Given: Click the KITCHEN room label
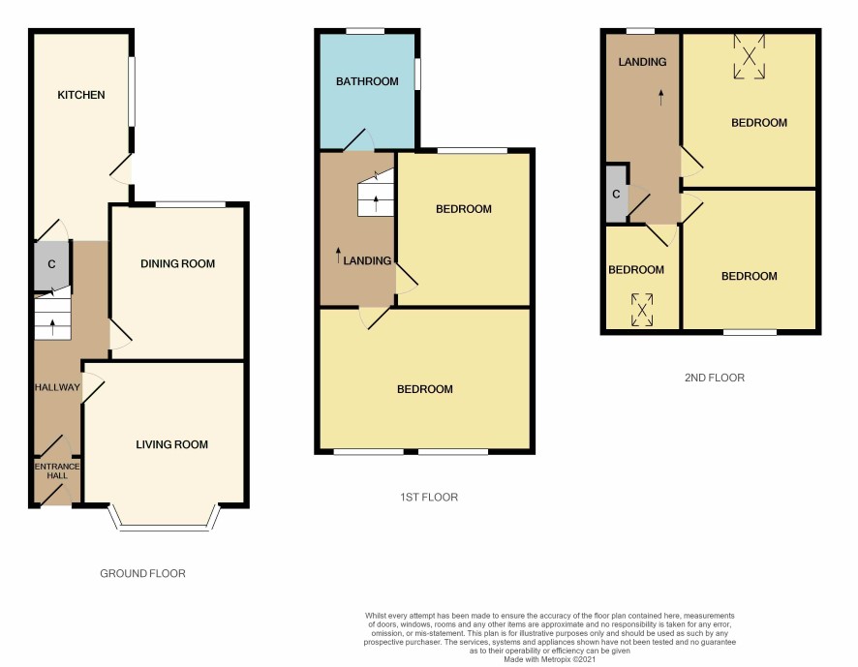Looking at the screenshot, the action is click(81, 95).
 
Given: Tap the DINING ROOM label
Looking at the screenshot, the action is click(177, 263).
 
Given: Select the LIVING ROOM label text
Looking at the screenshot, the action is click(171, 444).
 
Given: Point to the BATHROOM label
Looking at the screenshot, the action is click(367, 81).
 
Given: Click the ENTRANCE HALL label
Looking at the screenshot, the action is click(57, 471).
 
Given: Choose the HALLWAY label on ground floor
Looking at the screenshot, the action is click(57, 387).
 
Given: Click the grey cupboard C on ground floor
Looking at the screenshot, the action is click(51, 265).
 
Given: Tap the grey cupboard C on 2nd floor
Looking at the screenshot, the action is click(616, 194).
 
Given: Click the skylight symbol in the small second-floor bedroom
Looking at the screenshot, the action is click(642, 310).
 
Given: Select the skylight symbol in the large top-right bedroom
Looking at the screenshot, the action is click(750, 56).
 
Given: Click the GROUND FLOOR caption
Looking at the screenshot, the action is click(142, 573).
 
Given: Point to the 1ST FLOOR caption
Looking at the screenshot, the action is click(429, 498).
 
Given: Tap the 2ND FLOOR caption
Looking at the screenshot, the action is click(715, 378).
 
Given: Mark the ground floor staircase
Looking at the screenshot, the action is click(52, 316).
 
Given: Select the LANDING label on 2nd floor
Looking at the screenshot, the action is click(642, 62).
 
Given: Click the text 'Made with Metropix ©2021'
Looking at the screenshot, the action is click(549, 660).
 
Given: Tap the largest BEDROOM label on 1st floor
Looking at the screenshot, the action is click(424, 389).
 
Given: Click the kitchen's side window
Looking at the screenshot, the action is click(132, 91).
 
